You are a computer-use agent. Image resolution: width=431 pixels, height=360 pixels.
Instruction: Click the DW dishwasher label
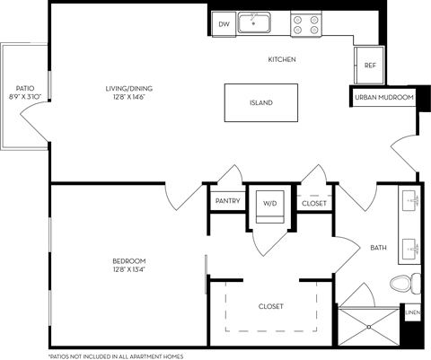[224, 25]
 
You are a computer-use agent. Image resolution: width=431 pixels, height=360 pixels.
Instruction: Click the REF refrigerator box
[369, 66]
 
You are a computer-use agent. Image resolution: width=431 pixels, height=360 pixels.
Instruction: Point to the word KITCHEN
[282, 59]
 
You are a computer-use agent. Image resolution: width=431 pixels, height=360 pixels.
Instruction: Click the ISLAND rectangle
[260, 102]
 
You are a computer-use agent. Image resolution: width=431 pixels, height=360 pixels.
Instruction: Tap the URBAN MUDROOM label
[383, 96]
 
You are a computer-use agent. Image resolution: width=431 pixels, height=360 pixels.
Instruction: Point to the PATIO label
[25, 63]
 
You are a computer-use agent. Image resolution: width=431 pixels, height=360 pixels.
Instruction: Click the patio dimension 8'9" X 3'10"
[25, 71]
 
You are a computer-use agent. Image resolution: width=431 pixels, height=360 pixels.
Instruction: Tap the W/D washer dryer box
[270, 204]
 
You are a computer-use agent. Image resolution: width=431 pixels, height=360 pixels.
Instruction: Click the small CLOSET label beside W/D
[314, 204]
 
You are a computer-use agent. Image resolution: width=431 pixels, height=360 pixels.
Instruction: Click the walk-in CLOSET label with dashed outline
[270, 306]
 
